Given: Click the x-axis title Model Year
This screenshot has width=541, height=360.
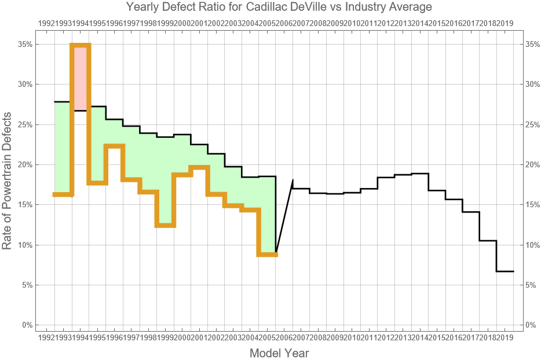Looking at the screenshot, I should tap(279, 352).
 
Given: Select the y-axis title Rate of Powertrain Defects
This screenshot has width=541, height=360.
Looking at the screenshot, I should tap(8, 180).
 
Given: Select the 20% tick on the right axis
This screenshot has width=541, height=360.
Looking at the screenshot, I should tap(533, 164).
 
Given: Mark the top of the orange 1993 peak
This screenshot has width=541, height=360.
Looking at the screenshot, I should tap(81, 45).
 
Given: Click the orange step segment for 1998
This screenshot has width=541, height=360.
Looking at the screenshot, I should tap(165, 225).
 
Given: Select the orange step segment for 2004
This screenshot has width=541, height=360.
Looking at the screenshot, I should tap(250, 210).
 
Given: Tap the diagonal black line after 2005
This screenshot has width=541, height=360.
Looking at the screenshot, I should tap(284, 217).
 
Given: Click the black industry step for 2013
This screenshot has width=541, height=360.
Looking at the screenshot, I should tap(420, 174).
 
